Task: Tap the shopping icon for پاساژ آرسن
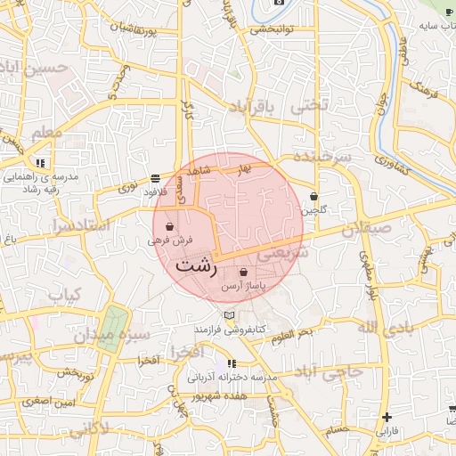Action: tap(243, 272)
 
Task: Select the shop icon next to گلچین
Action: tap(313, 197)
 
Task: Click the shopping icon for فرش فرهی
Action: tap(169, 227)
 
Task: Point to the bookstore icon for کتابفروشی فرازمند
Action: tap(230, 316)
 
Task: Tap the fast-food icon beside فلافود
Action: tap(156, 177)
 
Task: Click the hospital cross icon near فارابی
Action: tap(387, 417)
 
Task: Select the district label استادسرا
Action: tap(79, 225)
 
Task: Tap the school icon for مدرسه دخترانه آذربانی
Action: tap(232, 363)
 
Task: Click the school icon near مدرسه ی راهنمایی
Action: tap(40, 164)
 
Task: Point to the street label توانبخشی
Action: tap(273, 28)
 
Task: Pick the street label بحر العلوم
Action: tap(294, 334)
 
